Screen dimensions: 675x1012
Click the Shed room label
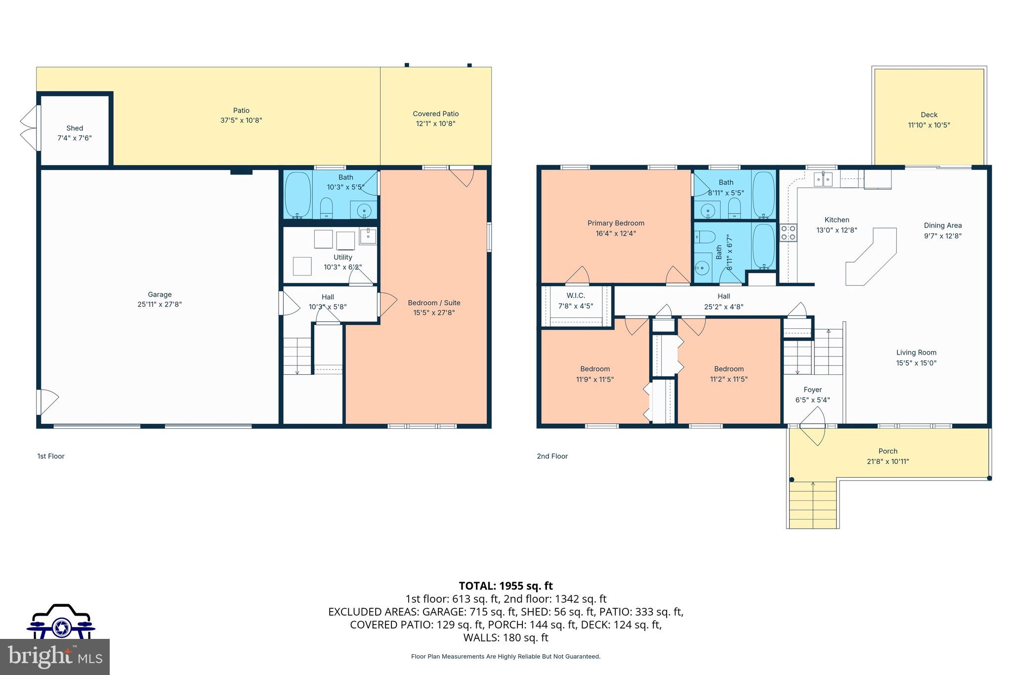[x=75, y=128]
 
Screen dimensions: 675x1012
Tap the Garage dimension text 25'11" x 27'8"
[x=160, y=305]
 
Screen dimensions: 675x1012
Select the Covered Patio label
[x=435, y=114]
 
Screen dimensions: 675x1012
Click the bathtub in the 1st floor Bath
[x=297, y=195]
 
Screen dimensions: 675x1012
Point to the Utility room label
[x=342, y=257]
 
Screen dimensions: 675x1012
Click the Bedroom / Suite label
[x=434, y=303]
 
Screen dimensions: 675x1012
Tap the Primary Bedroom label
[x=616, y=223]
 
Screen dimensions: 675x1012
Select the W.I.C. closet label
[x=576, y=295]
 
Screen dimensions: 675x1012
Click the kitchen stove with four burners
[x=788, y=232]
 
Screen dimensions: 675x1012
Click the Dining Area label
[x=943, y=225]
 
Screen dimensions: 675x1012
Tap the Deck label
[x=929, y=115]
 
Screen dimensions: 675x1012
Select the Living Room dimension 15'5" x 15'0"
[x=916, y=363]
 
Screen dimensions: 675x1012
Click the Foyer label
[x=812, y=390]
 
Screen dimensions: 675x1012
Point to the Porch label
[x=887, y=451]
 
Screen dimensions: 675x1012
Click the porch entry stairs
[x=813, y=504]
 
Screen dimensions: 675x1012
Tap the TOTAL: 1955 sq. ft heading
[x=506, y=586]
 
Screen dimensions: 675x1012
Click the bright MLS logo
[x=54, y=657]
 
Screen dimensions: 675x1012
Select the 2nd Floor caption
[x=552, y=456]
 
